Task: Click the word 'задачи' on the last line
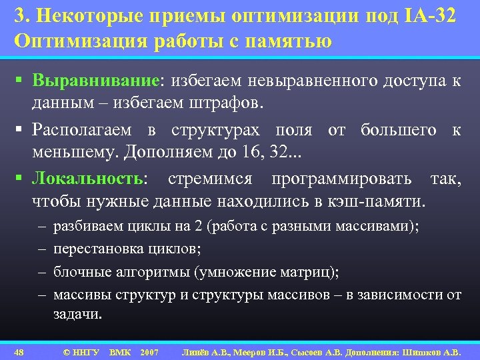coord(77,314)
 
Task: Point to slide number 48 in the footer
coord(19,351)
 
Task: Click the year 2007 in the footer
coord(150,351)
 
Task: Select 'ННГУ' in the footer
coord(85,351)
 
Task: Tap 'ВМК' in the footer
coord(120,351)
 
